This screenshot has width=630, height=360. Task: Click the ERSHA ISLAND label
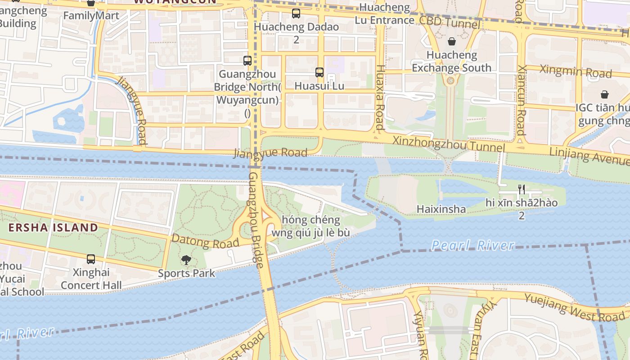53,227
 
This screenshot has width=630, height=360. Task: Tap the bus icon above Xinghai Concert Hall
91,259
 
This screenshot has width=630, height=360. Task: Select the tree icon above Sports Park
186,260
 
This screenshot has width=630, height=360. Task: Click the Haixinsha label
441,209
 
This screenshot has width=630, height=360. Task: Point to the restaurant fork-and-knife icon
522,189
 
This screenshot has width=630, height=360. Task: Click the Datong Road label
205,241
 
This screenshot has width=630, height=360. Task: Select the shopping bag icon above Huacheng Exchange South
452,41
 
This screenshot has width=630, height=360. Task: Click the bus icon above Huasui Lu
319,72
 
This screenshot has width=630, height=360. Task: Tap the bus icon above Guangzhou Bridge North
247,60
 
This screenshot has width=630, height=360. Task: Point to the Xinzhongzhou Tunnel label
448,144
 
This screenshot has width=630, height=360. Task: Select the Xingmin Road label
576,71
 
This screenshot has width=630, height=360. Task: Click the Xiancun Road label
521,100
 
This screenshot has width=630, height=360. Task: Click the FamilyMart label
91,16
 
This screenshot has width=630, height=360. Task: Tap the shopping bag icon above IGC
604,94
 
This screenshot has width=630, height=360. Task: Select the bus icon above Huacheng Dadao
296,13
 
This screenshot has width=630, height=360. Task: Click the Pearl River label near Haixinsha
472,245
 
